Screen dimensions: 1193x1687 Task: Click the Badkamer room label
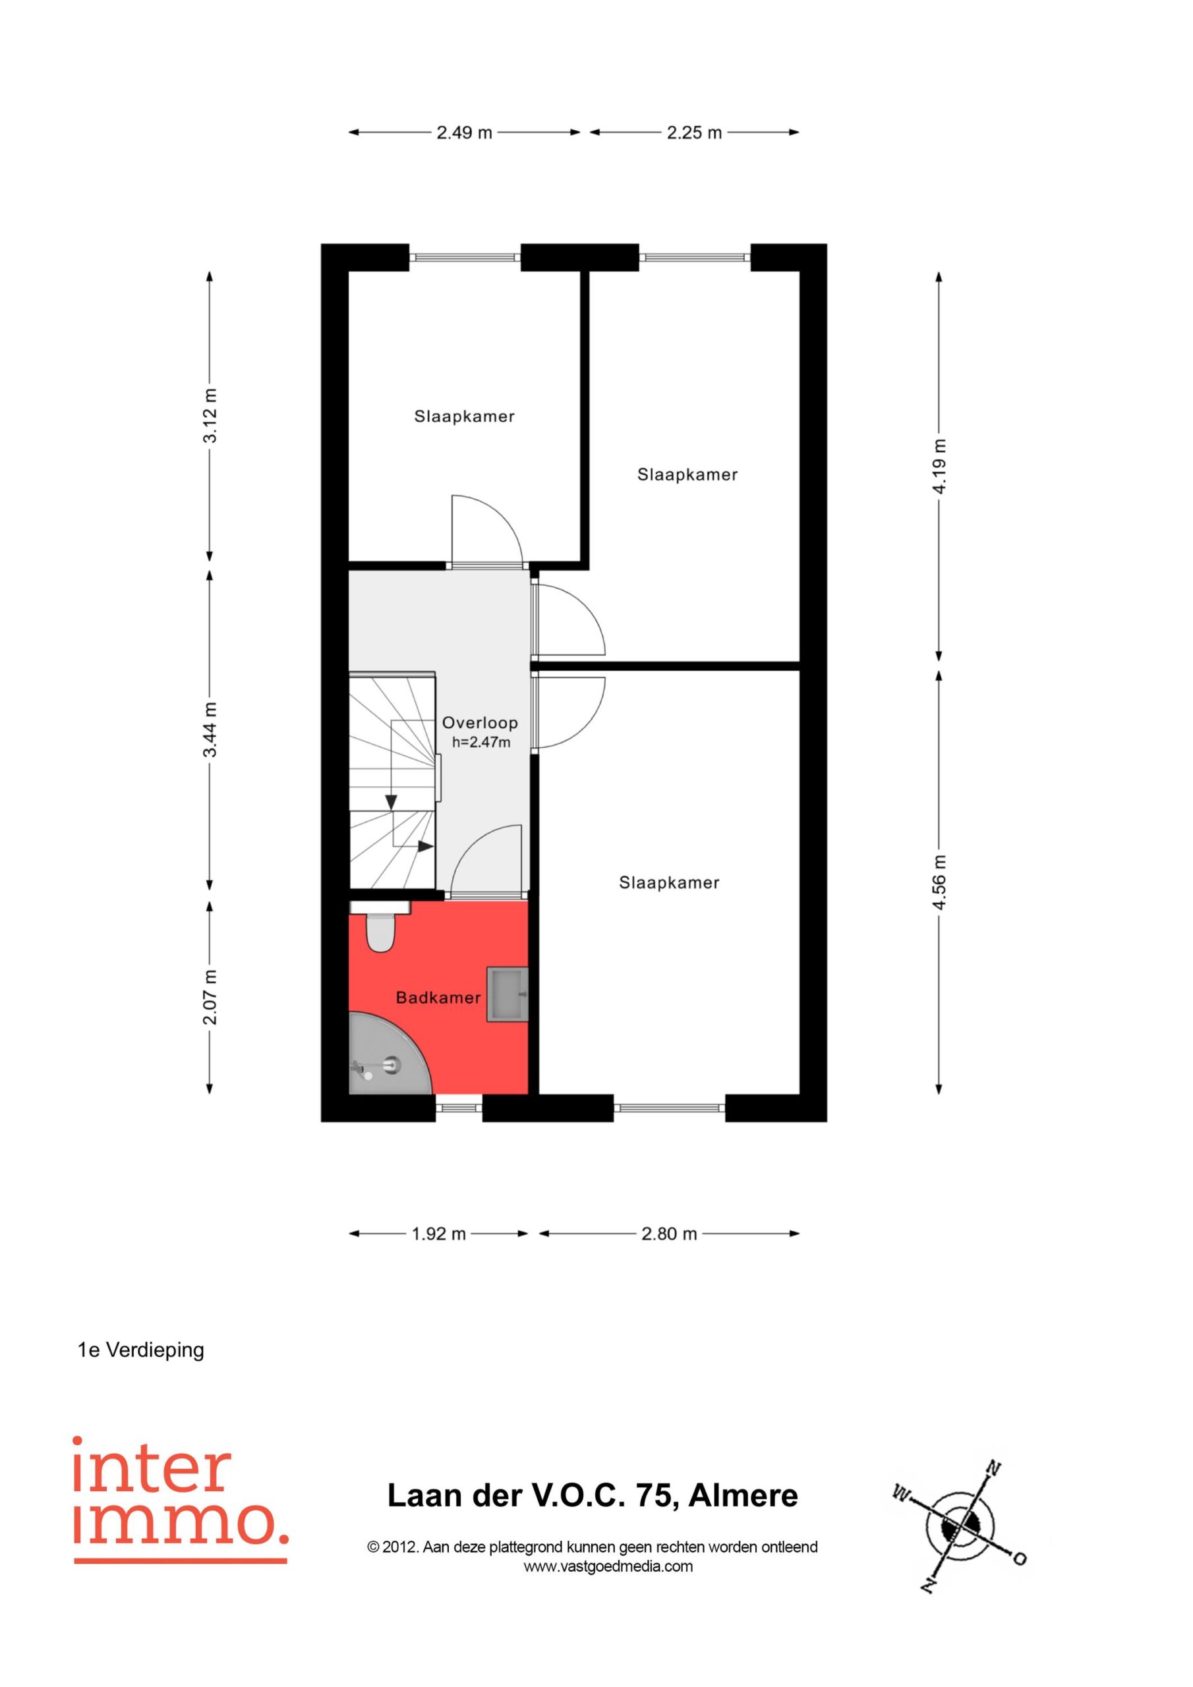coord(438,998)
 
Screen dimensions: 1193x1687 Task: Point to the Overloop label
coord(480,723)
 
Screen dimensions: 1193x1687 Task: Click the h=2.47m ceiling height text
coord(481,742)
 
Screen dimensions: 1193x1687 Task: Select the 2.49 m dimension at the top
coord(465,133)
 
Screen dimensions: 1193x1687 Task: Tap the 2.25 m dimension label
coord(695,133)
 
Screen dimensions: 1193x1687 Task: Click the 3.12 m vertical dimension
coord(210,415)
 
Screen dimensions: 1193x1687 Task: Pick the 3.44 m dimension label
coord(210,729)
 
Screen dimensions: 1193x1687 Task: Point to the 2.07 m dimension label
coord(210,997)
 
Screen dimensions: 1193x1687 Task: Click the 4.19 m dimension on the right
coord(939,467)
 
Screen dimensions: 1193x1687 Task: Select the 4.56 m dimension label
coord(939,882)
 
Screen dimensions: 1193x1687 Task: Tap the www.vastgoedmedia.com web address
coord(608,1566)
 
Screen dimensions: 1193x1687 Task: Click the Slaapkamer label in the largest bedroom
coord(669,882)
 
